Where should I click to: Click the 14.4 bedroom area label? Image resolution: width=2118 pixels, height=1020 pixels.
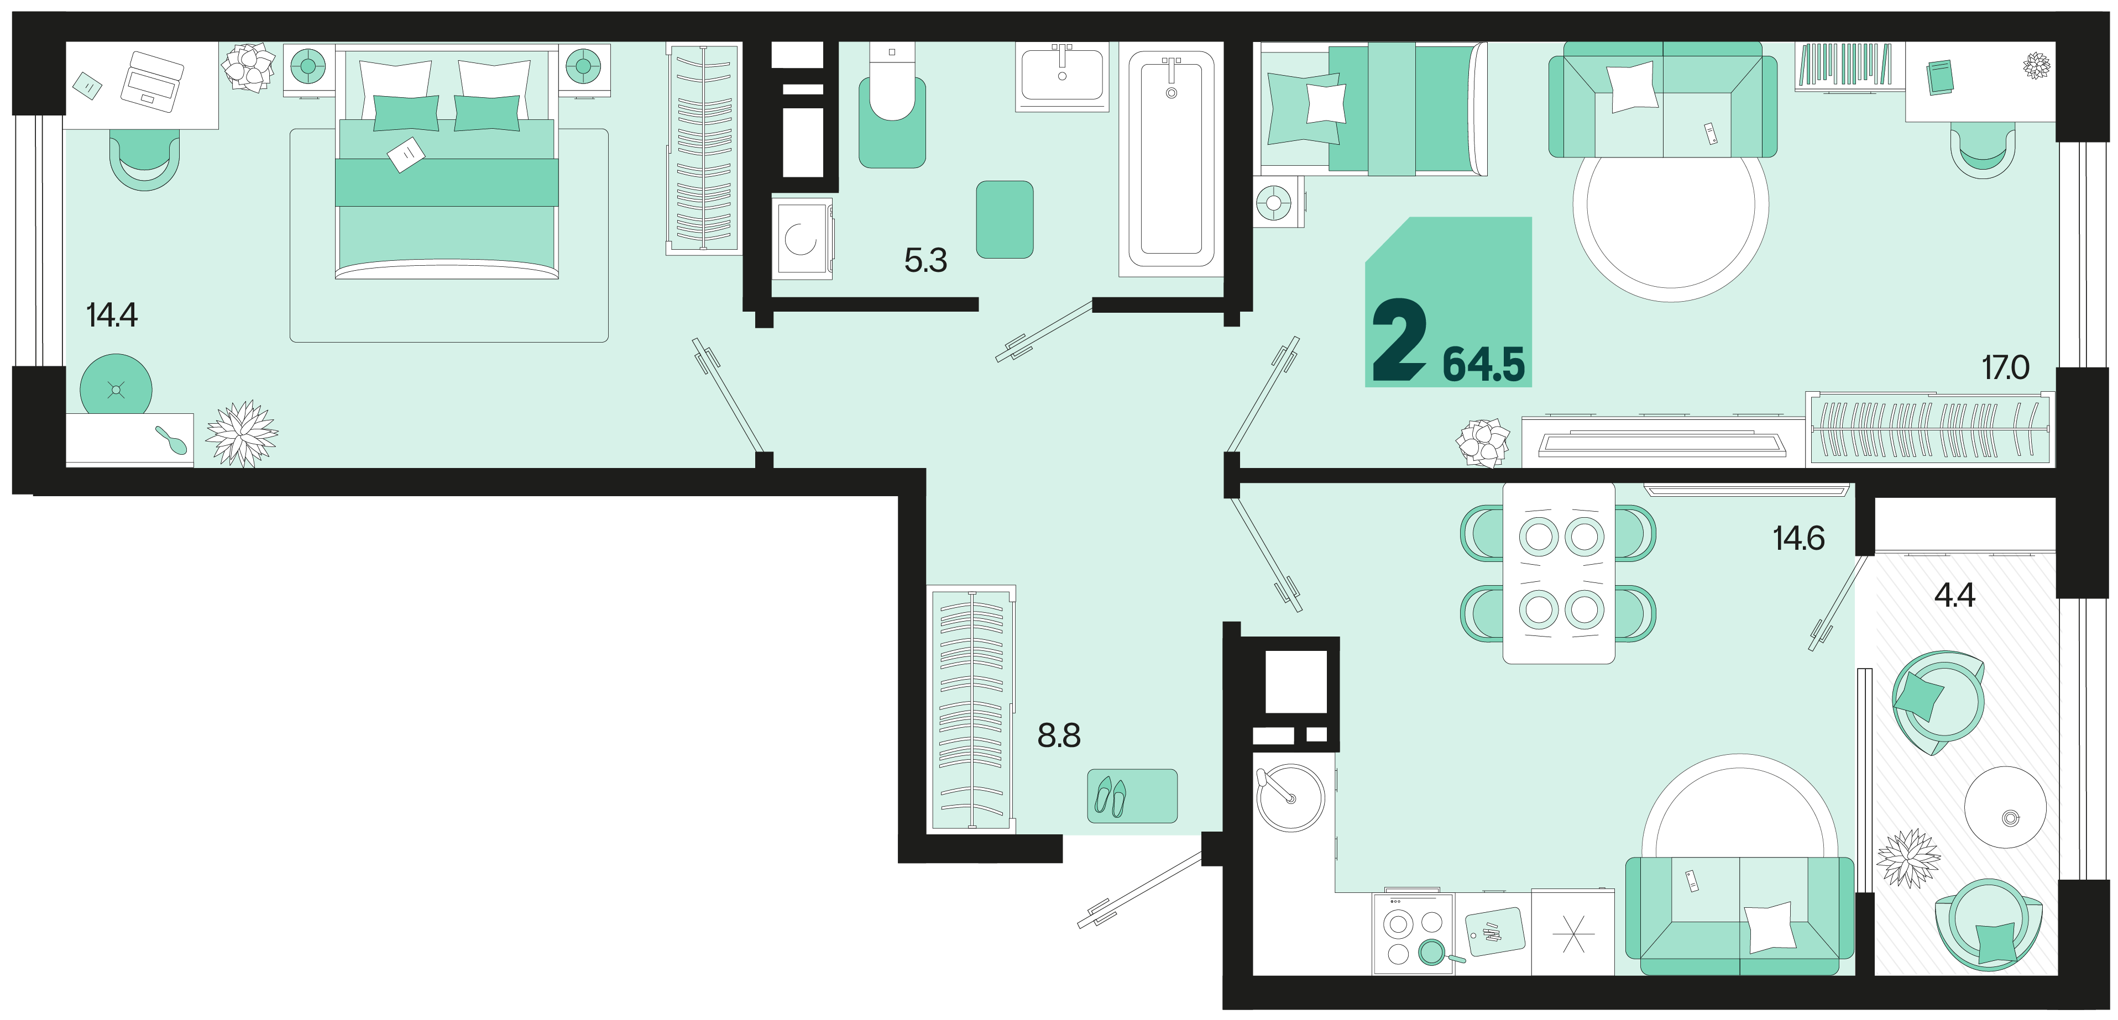click(x=112, y=315)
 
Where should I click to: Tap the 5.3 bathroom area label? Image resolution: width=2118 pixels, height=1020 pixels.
click(x=926, y=261)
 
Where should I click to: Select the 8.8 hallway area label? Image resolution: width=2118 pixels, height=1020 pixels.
click(x=1059, y=735)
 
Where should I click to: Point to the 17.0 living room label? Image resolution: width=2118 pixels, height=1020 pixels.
click(x=2005, y=367)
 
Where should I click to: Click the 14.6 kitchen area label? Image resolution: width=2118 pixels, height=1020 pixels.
click(x=1798, y=538)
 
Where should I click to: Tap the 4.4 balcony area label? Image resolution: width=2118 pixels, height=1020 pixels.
click(x=1954, y=594)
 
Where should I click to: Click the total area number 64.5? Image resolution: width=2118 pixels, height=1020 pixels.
click(x=1484, y=365)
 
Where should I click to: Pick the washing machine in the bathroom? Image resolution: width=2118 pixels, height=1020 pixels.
click(x=801, y=238)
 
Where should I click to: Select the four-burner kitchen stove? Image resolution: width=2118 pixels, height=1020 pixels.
click(x=1413, y=933)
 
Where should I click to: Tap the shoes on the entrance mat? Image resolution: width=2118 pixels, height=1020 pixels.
click(x=1111, y=796)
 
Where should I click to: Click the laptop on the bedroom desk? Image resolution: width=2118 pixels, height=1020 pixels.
click(x=152, y=81)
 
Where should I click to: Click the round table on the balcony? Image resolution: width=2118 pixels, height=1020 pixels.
click(x=2005, y=808)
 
